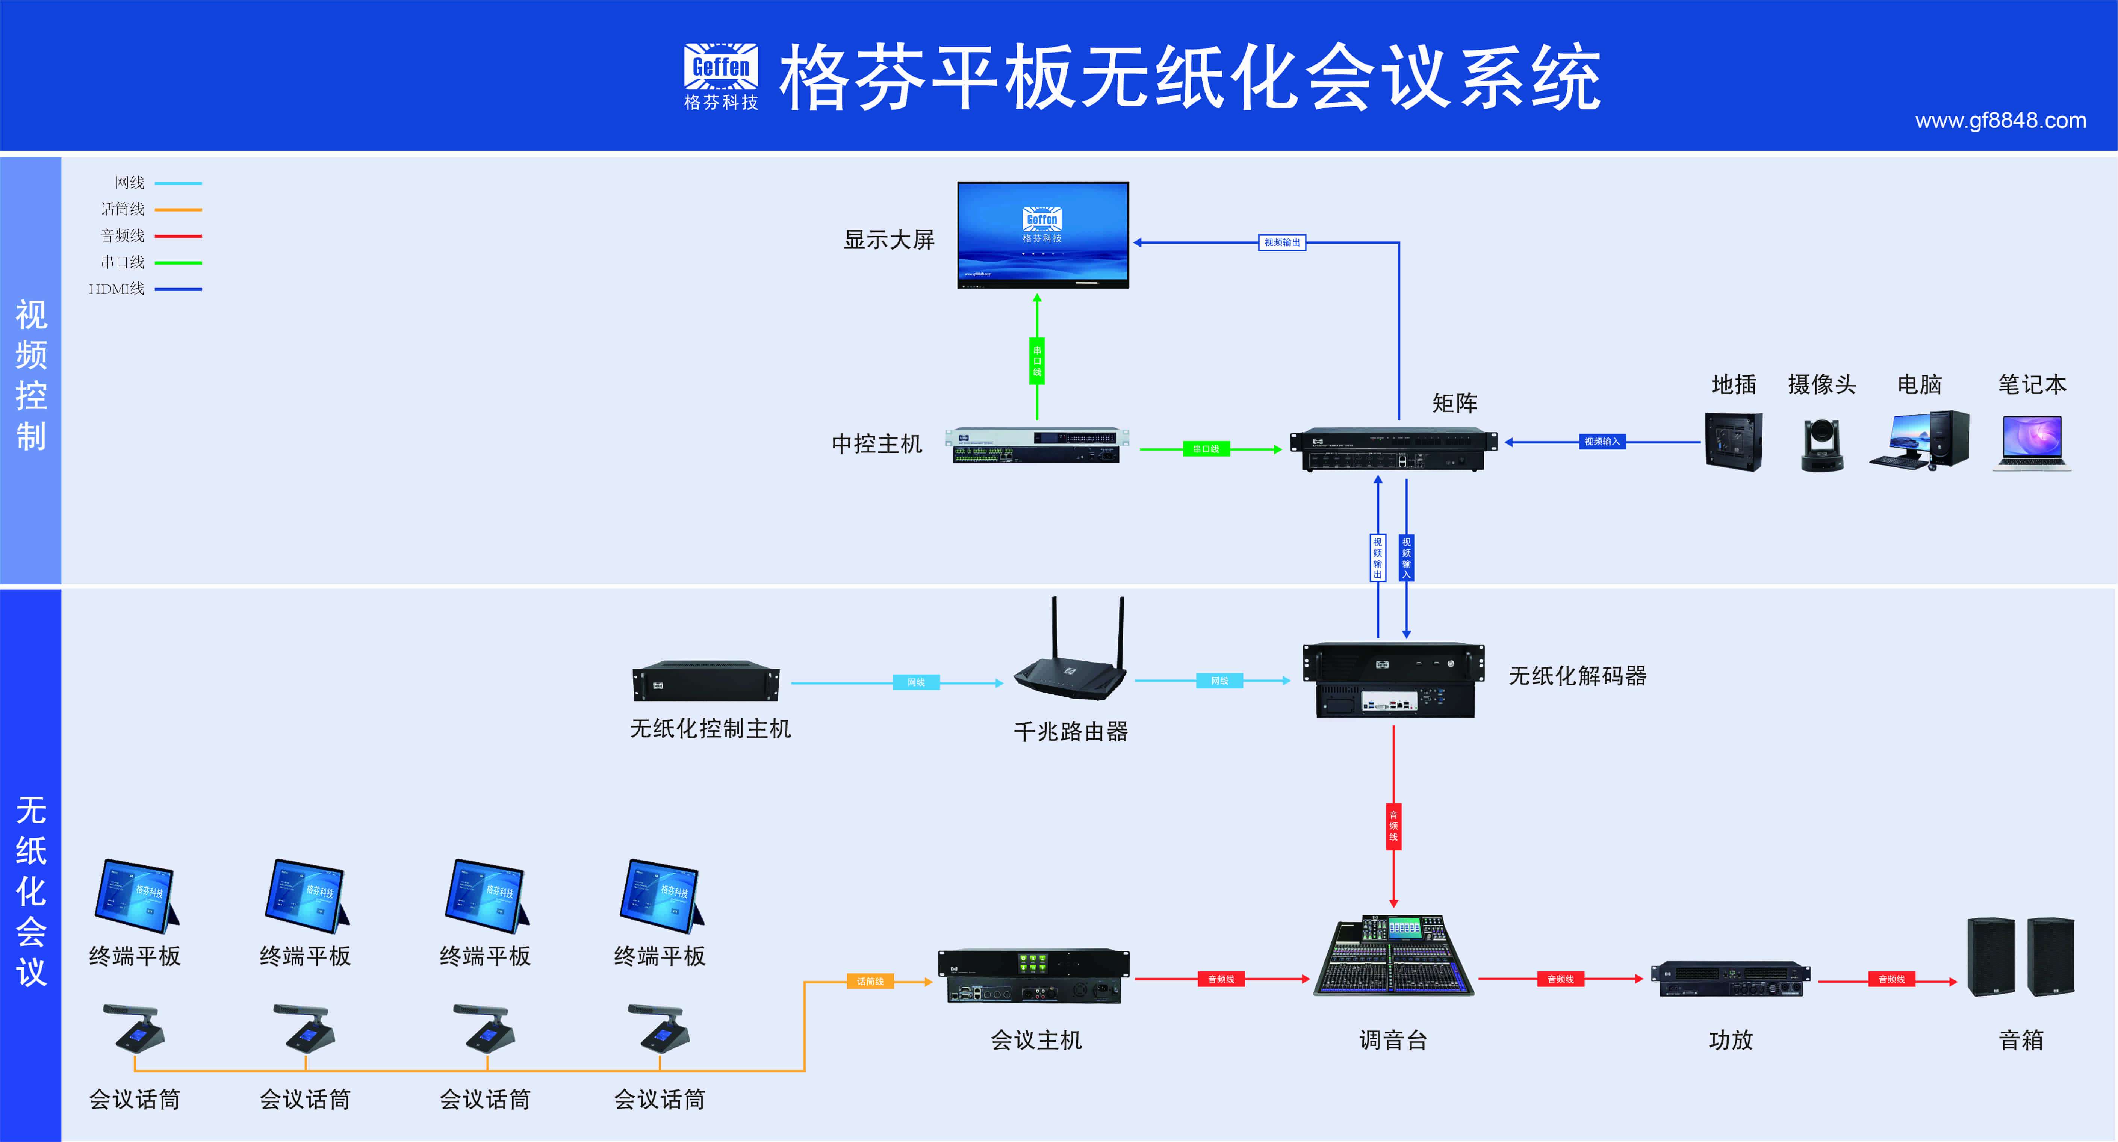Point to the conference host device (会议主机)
1034,977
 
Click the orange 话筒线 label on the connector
870,981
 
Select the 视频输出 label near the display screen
1282,242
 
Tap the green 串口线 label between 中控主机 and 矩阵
1205,449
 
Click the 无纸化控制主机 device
705,681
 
